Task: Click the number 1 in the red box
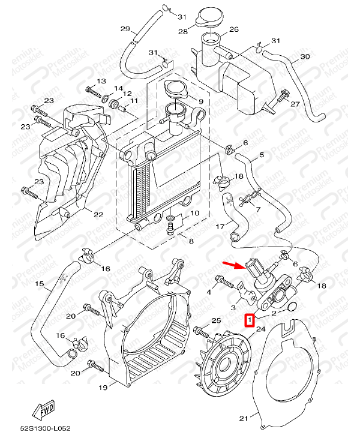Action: coord(250,320)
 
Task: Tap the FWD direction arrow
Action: coord(44,409)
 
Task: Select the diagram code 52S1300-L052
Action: coord(46,428)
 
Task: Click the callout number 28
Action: coord(183,32)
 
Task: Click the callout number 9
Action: coord(201,101)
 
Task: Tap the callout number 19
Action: coord(103,388)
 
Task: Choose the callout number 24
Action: coord(260,329)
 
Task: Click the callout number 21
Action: coord(244,419)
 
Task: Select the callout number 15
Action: coord(40,283)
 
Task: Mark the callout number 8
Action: coord(191,241)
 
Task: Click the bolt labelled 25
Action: coord(202,331)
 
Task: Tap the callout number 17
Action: coord(220,226)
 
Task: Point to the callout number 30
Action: coord(305,56)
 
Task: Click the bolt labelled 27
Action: coord(282,96)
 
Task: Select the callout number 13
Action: coord(101,81)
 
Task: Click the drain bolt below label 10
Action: coord(170,229)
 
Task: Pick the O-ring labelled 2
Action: coord(292,307)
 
